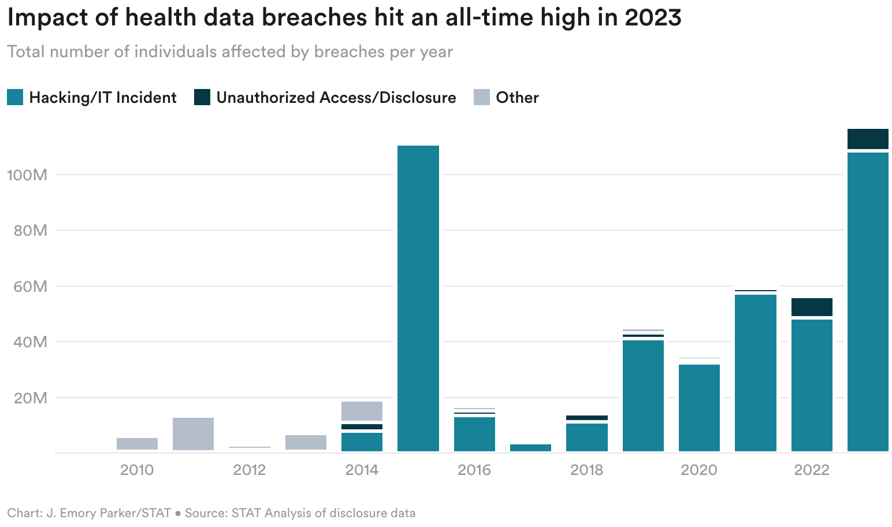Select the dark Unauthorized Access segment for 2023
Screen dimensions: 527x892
click(x=867, y=139)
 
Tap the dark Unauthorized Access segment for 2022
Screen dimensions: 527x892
click(x=812, y=307)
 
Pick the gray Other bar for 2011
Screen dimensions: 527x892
click(x=193, y=433)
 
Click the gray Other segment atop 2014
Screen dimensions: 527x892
click(x=362, y=411)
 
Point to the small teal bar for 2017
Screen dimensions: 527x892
click(x=530, y=447)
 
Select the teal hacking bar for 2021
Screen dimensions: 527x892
click(x=755, y=373)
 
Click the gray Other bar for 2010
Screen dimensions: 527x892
click(x=137, y=444)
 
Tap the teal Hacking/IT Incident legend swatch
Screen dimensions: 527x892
click(x=15, y=97)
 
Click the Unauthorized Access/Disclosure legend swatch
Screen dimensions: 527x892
click(x=202, y=97)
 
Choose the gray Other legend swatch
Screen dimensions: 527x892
click(x=482, y=97)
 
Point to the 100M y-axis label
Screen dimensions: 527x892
click(x=27, y=175)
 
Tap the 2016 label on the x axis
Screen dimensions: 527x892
click(x=474, y=470)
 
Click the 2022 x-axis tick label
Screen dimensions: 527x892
click(x=812, y=470)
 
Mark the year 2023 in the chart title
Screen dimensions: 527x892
click(x=653, y=18)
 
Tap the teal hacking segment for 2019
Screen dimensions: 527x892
click(x=643, y=396)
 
